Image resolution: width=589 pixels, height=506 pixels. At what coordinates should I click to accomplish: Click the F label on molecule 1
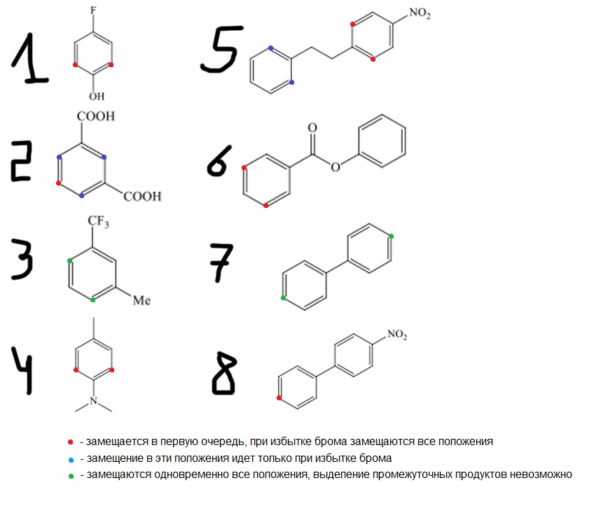93,12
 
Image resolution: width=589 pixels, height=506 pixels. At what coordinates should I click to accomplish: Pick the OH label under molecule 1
96,96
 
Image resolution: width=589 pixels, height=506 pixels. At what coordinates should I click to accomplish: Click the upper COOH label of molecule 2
96,116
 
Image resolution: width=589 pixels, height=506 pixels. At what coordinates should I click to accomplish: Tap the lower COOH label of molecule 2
142,197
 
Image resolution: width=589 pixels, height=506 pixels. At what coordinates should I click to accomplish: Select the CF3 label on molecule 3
98,222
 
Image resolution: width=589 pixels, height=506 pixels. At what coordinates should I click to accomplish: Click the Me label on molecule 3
142,301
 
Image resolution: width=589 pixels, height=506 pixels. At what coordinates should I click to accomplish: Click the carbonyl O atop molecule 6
312,128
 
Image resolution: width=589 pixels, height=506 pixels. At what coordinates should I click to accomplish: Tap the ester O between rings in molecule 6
337,167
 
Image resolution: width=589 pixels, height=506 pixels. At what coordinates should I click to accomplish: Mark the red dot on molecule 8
280,398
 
